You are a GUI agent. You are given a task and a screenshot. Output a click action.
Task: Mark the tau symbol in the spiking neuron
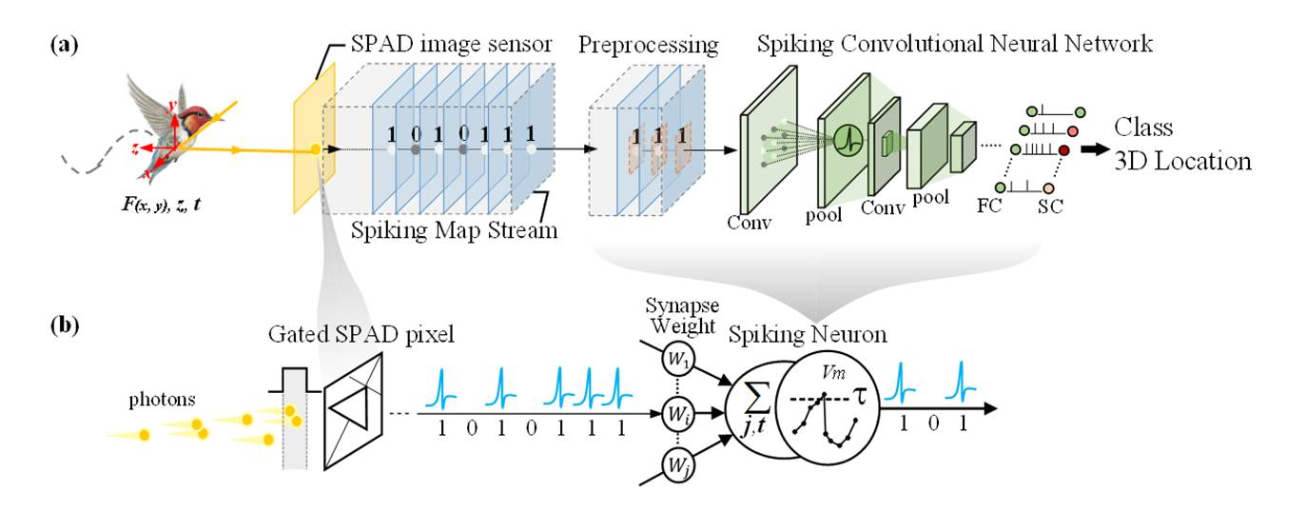pos(857,390)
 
